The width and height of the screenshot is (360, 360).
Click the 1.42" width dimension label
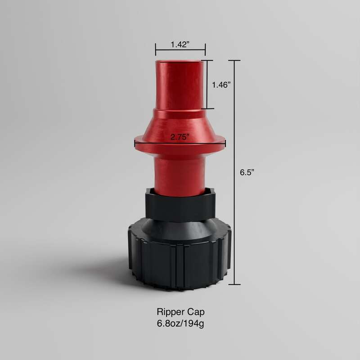point(180,44)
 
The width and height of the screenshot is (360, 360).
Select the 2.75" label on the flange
point(180,137)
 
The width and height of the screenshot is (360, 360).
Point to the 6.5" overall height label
point(247,171)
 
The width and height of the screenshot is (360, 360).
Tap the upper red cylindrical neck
point(180,85)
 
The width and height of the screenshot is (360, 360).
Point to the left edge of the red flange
point(136,144)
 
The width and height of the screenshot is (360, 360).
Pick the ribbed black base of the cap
point(180,265)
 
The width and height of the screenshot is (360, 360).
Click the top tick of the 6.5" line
point(234,60)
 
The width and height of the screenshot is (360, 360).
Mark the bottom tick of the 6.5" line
point(234,284)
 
